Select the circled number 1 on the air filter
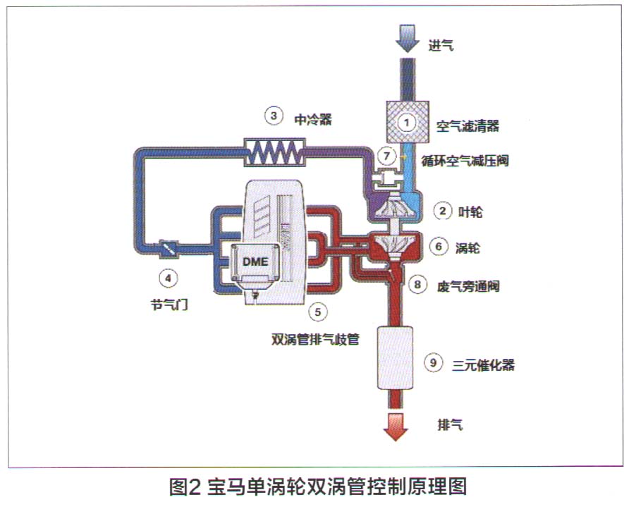point(406,121)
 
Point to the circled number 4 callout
point(168,278)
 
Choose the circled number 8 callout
point(419,285)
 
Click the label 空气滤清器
point(467,127)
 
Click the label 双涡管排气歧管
point(316,338)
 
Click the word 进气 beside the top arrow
point(441,47)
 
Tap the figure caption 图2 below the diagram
point(186,488)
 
